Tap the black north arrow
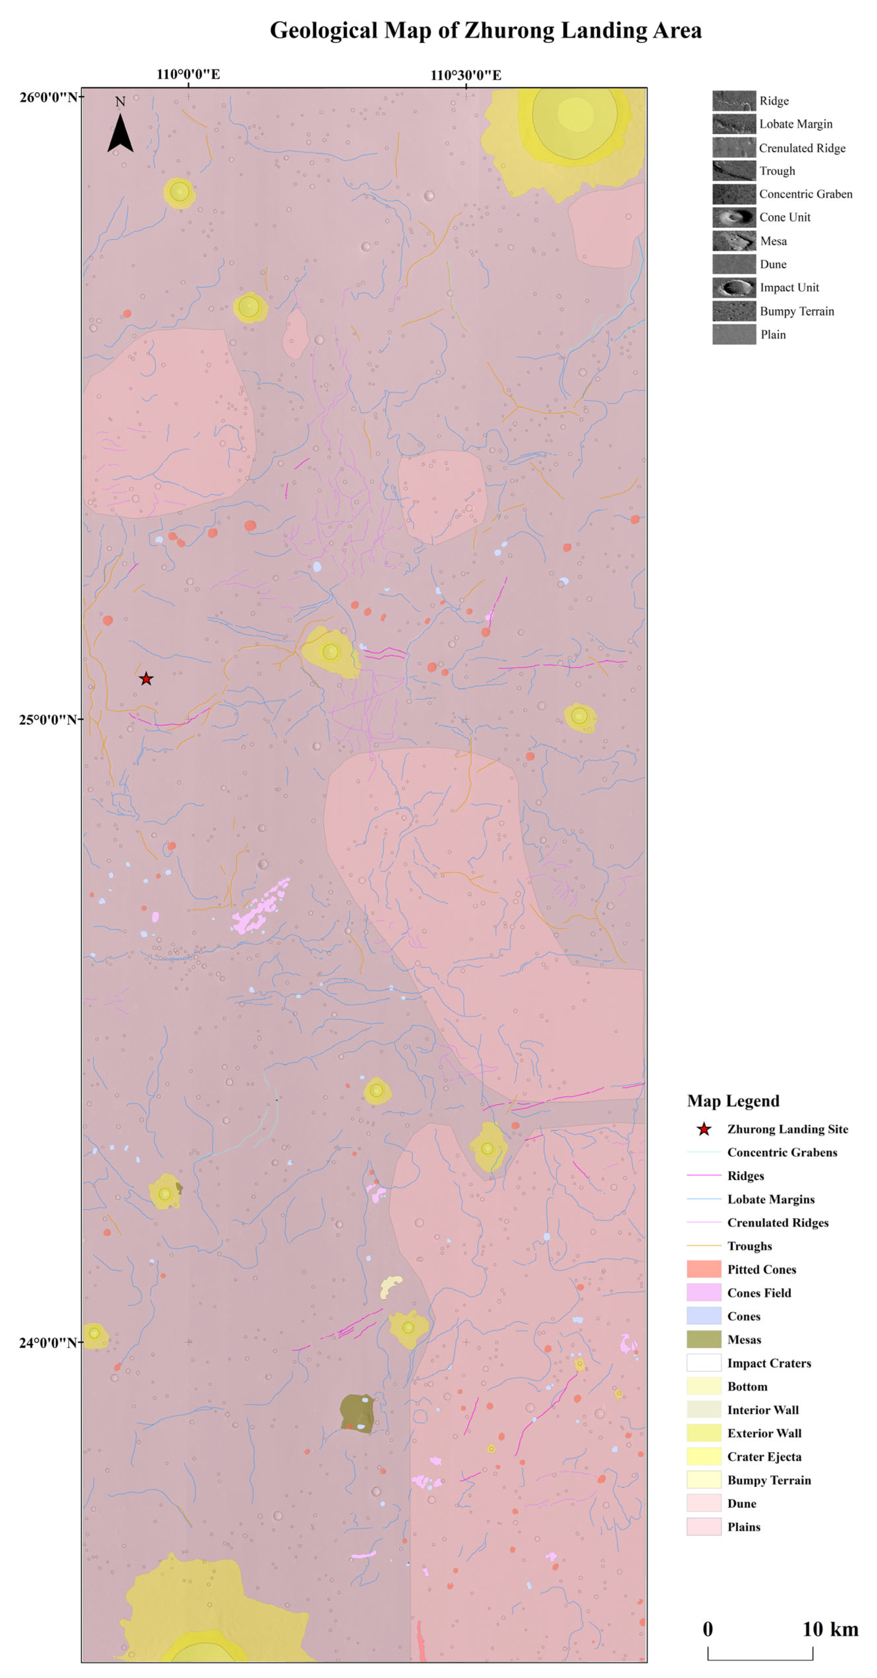[120, 134]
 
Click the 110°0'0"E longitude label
[188, 74]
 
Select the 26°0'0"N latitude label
[48, 97]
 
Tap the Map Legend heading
[733, 1101]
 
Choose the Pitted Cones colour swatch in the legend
[704, 1269]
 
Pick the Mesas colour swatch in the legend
[704, 1339]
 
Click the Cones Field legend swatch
[704, 1292]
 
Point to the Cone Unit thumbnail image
[734, 217]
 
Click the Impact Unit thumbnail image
[734, 287]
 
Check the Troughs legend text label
[749, 1246]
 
